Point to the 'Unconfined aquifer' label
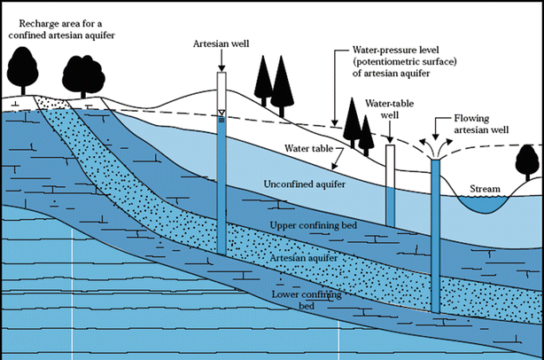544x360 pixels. click(304, 184)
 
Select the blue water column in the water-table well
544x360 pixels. click(391, 207)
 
